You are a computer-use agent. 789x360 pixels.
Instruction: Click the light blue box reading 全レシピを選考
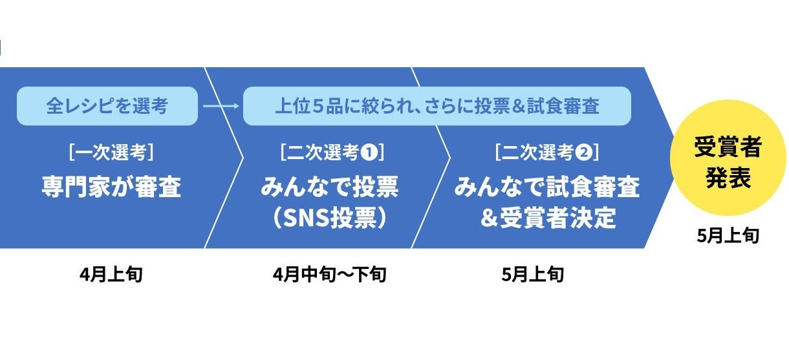point(107,106)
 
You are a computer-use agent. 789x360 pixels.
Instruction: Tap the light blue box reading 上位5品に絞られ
point(437,106)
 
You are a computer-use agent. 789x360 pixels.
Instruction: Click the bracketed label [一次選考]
point(111,153)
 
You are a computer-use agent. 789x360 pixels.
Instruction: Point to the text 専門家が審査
point(111,187)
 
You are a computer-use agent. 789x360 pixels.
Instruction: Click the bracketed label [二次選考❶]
point(332,153)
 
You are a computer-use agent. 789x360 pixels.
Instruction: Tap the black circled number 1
point(369,153)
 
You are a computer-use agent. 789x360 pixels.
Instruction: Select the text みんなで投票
point(330,187)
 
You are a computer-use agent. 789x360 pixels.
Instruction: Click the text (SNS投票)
point(330,218)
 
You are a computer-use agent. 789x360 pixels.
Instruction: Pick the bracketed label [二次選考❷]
point(546,153)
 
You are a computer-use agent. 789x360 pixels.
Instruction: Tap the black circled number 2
point(583,153)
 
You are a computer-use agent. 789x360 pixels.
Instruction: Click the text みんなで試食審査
point(546,187)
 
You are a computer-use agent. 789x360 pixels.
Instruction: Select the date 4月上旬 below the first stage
point(111,275)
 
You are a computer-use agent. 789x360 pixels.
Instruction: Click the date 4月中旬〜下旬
point(330,275)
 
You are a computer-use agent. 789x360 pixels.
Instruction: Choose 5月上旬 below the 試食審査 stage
point(532,275)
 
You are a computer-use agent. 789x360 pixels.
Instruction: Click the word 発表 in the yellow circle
point(728,179)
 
